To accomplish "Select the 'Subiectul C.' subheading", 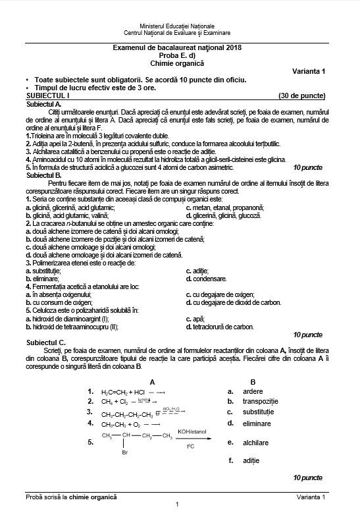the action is click(x=45, y=342).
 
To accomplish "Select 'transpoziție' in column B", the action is click(x=261, y=401).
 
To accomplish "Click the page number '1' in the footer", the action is click(x=178, y=504).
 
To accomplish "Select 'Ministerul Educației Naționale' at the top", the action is click(x=177, y=24).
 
